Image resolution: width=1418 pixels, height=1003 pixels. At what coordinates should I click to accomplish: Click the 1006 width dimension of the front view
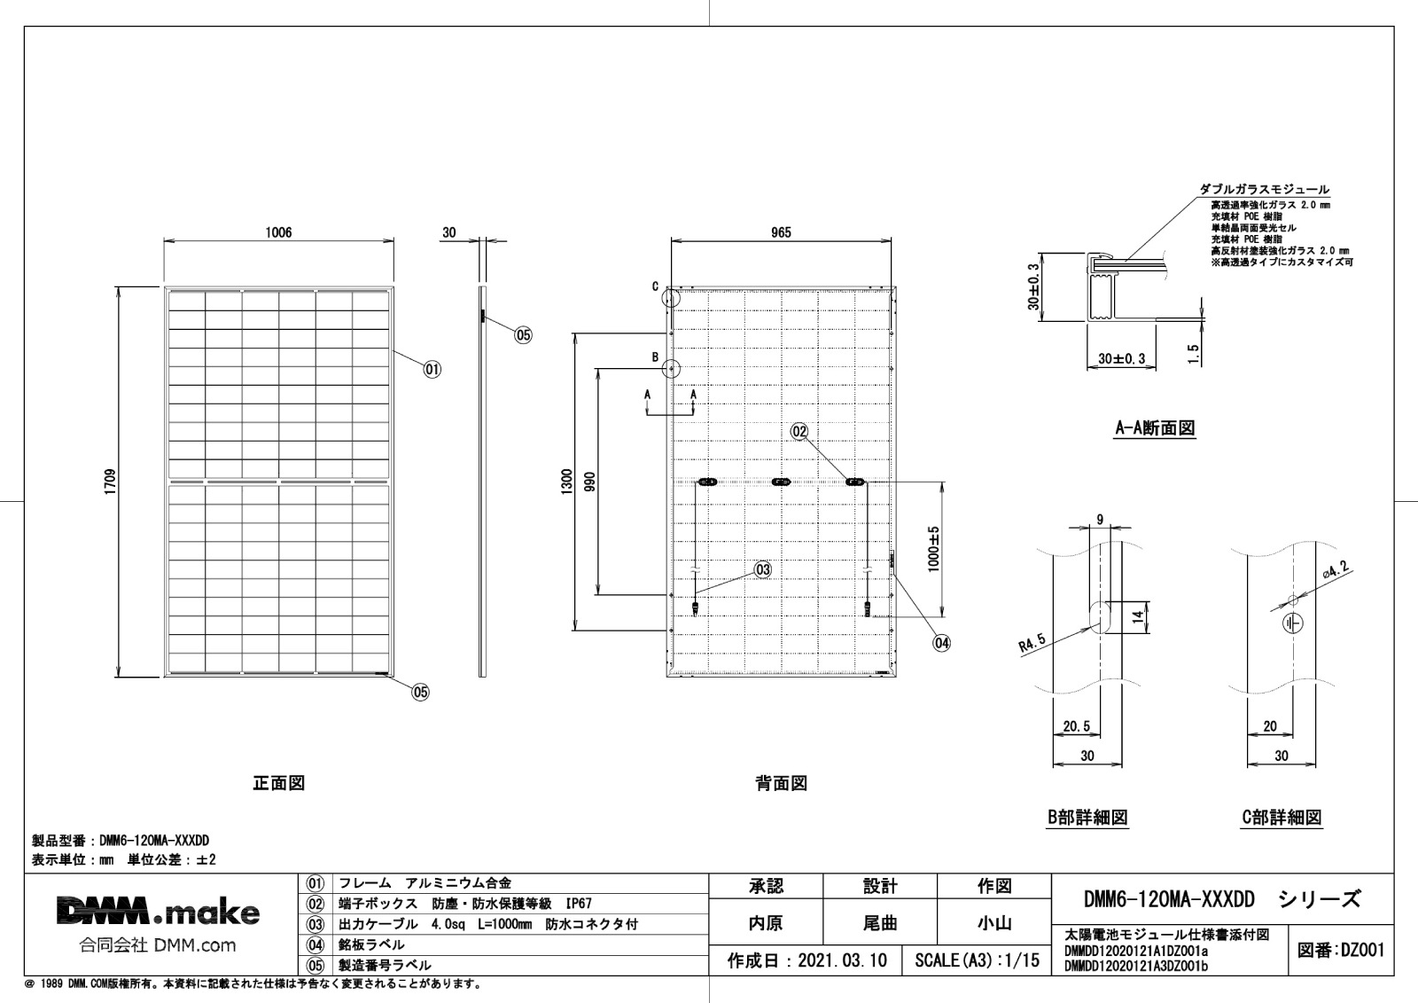[278, 232]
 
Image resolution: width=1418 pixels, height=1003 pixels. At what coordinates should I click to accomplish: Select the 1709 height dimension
[111, 482]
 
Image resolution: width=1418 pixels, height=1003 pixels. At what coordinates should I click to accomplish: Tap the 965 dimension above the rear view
[781, 232]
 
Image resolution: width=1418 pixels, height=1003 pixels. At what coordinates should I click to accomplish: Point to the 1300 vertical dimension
[566, 482]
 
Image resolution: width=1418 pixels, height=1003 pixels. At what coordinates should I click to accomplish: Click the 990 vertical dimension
[589, 482]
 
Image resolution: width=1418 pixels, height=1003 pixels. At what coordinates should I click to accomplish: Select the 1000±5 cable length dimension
[934, 549]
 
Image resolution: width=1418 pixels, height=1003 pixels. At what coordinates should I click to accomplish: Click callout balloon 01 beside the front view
[432, 370]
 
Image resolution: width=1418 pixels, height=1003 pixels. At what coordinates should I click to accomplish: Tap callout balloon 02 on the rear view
[799, 432]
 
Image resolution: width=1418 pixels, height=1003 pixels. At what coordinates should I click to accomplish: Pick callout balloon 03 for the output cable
[763, 569]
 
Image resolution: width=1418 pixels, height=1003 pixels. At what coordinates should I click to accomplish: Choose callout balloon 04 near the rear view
[942, 643]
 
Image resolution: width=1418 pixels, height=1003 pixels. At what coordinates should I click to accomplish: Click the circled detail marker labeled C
[670, 297]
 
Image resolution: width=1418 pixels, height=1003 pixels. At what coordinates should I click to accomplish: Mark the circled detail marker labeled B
[671, 368]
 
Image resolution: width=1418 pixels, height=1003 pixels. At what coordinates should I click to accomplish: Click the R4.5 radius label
[1032, 643]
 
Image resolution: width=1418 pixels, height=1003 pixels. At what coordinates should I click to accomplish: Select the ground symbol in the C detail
[1293, 623]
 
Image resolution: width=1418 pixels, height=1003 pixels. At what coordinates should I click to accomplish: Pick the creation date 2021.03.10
[842, 960]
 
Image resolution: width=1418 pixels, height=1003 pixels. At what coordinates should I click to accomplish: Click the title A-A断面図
[1156, 428]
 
